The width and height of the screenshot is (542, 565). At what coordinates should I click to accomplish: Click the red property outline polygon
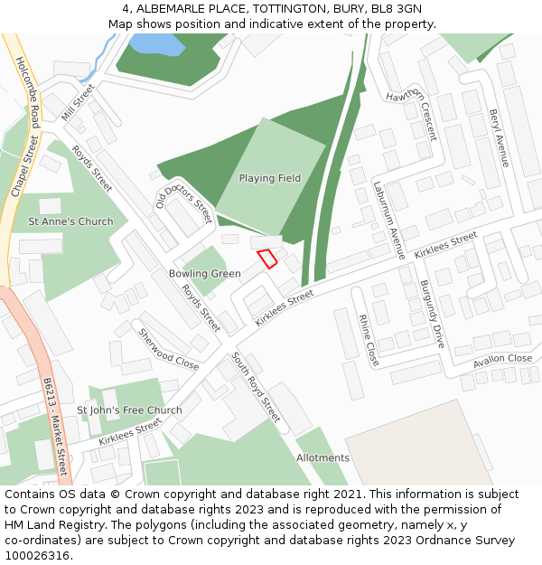[x=267, y=259]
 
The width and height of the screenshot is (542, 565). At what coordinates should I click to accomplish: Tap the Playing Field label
[x=269, y=178]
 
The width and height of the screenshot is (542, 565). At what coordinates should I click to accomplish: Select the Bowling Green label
[x=204, y=273]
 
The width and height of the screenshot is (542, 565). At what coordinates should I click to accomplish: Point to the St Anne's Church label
[x=70, y=221]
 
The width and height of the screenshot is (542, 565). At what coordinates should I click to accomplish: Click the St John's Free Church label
[x=129, y=410]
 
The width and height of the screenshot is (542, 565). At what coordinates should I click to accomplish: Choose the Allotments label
[x=322, y=458]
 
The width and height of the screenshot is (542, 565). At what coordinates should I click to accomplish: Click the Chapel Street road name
[x=21, y=166]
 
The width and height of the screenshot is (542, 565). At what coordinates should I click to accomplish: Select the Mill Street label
[x=77, y=102]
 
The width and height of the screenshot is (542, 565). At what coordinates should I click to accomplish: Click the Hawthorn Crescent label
[x=411, y=116]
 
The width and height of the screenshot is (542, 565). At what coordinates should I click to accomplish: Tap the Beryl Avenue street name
[x=500, y=138]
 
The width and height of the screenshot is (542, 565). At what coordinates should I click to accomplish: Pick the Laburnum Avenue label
[x=389, y=221]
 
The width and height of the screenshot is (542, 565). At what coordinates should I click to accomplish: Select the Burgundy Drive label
[x=432, y=314]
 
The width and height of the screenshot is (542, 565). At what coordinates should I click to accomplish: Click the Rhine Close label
[x=369, y=341]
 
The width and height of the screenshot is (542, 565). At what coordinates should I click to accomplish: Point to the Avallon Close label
[x=502, y=360]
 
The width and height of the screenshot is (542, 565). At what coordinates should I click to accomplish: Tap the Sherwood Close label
[x=168, y=349]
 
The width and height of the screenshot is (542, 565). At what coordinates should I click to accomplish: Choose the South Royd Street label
[x=257, y=388]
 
